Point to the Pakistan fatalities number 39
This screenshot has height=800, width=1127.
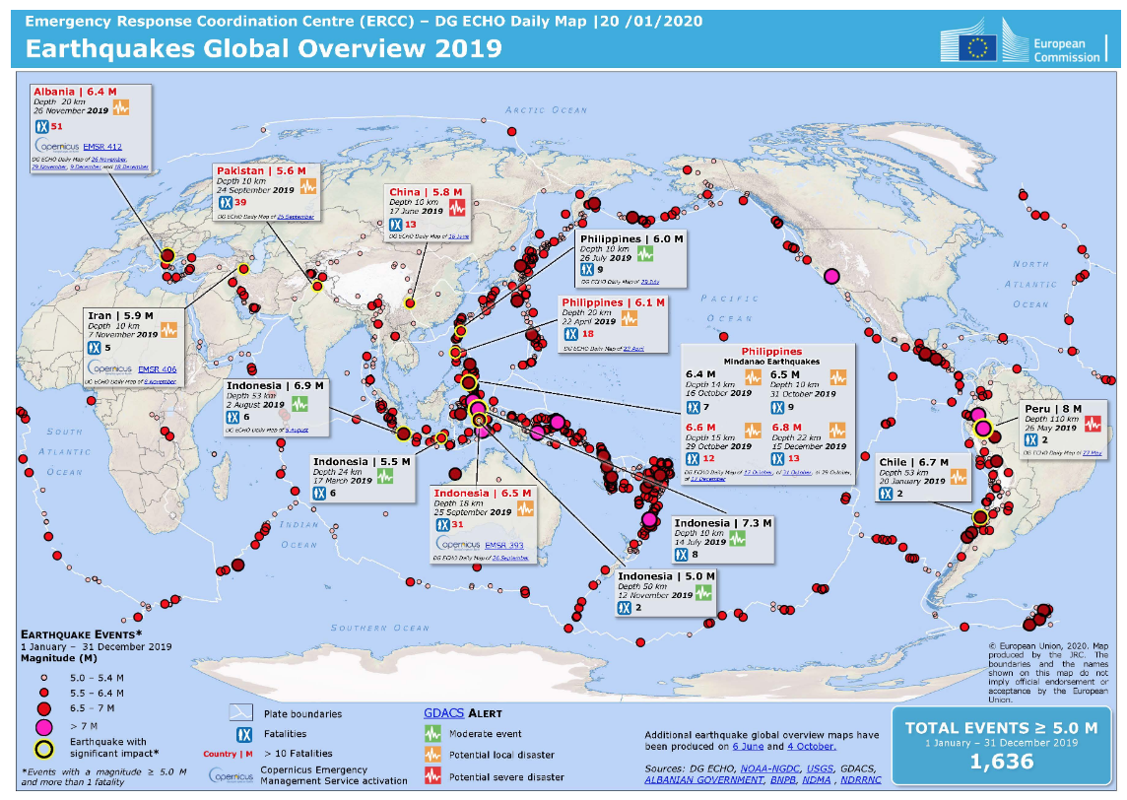[239, 203]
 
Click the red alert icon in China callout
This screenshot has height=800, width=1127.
[457, 207]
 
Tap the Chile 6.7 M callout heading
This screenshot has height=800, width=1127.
[912, 462]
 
